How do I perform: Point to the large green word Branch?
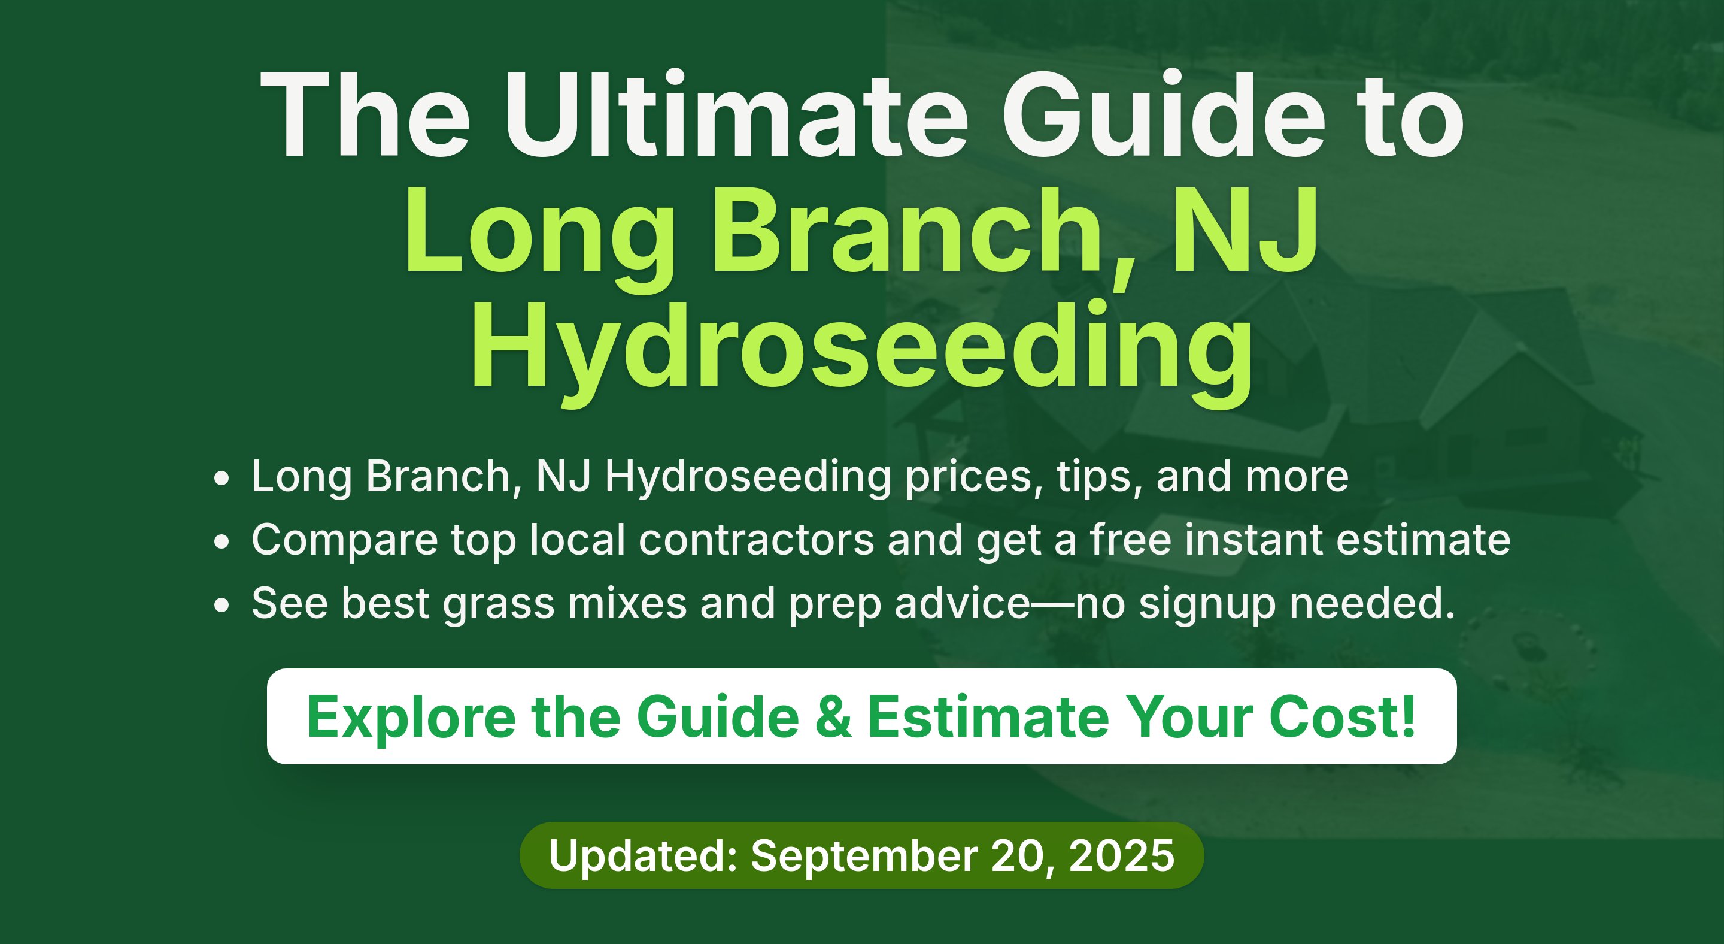pos(906,231)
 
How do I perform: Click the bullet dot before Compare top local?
pos(221,541)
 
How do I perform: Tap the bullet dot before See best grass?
pos(221,605)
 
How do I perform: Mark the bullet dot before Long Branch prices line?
pos(221,479)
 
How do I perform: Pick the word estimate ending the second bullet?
pos(1423,540)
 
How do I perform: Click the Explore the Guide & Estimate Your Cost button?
pos(861,716)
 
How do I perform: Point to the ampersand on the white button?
pos(833,717)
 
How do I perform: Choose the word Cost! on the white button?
pos(1342,717)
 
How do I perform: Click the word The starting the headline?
pos(365,114)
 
